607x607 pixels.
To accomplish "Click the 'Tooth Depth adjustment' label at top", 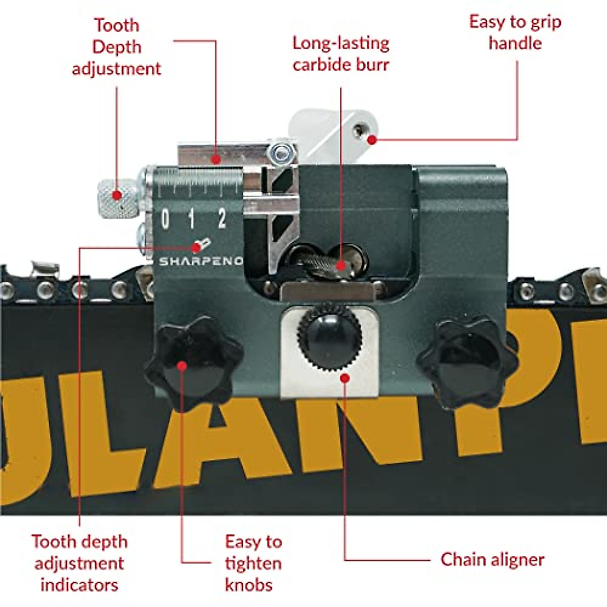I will (x=116, y=47).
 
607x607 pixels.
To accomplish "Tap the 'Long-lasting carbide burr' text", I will (x=341, y=54).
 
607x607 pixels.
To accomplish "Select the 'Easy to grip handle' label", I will (x=515, y=32).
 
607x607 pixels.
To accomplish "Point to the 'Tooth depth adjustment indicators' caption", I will (x=79, y=562).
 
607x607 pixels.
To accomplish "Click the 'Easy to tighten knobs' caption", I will (x=253, y=562).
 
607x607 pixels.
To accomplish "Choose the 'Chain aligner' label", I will (x=492, y=559).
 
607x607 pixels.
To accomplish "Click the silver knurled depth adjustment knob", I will (x=117, y=199).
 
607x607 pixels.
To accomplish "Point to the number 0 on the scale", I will (x=165, y=220).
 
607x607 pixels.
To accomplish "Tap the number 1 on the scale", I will (x=191, y=220).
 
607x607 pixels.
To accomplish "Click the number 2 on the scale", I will (x=222, y=219).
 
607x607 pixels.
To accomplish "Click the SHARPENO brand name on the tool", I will (x=201, y=262).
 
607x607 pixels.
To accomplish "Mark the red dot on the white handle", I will (x=372, y=139).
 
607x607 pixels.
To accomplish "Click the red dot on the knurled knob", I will (x=117, y=195).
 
